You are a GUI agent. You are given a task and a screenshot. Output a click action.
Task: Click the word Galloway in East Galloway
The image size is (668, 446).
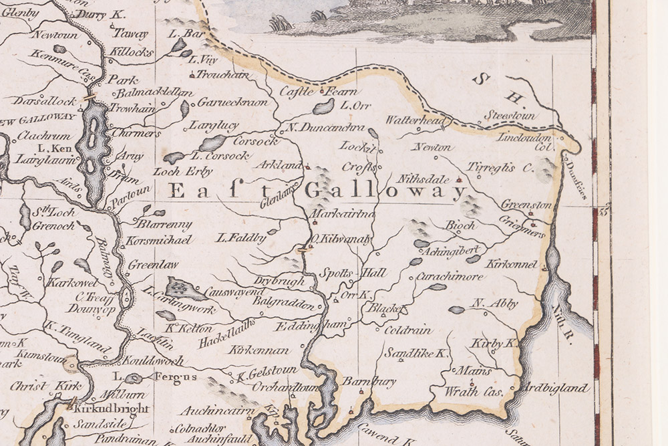click(x=385, y=192)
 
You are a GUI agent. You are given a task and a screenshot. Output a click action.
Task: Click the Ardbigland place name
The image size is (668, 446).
click(x=557, y=388)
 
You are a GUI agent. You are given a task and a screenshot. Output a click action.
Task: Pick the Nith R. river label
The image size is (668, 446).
click(x=562, y=324)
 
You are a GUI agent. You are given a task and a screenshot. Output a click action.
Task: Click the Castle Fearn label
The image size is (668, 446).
click(x=318, y=92)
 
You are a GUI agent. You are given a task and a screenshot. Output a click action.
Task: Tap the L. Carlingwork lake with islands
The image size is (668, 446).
click(x=185, y=289)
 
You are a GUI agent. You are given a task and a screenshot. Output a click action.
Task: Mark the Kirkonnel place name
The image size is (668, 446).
click(x=512, y=265)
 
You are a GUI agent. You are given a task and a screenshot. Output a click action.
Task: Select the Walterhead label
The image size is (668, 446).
click(x=415, y=120)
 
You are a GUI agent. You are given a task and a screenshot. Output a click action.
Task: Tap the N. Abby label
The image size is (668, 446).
click(x=495, y=304)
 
